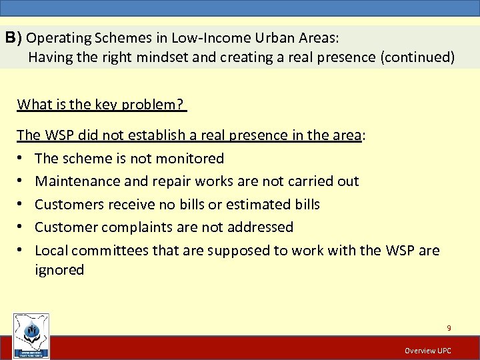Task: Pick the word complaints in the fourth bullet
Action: [x=137, y=227]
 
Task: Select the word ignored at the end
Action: [x=59, y=270]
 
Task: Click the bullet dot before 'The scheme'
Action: [x=21, y=159]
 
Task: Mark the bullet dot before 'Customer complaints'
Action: [x=21, y=228]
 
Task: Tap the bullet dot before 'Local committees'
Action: [x=21, y=251]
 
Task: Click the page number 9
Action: [x=449, y=328]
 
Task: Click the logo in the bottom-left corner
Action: [x=31, y=336]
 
